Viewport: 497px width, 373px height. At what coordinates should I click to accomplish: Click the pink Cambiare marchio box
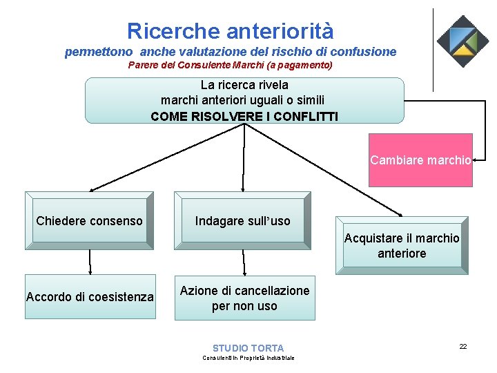point(420,160)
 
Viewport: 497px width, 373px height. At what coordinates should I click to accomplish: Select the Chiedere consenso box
point(89,220)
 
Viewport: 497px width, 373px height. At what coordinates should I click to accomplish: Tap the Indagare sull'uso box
point(243,220)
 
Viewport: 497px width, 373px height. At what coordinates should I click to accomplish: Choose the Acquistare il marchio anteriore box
point(402,245)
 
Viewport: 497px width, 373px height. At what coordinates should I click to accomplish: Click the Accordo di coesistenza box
point(90,297)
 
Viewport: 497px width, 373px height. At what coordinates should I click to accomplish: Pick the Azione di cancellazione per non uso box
point(244,298)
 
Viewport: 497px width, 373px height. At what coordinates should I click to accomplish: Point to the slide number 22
point(463,346)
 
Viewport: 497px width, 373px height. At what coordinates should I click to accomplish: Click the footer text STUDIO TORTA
point(248,348)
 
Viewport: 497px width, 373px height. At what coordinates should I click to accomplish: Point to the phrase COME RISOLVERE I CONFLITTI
point(244,116)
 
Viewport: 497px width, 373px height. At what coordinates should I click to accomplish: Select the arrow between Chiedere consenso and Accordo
point(90,262)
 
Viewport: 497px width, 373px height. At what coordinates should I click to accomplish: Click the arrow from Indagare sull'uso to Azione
point(244,262)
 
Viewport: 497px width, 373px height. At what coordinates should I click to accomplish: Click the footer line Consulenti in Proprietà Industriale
point(248,358)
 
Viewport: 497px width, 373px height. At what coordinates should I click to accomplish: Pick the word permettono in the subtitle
point(99,52)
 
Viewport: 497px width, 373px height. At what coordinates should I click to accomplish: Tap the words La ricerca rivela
point(244,85)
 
